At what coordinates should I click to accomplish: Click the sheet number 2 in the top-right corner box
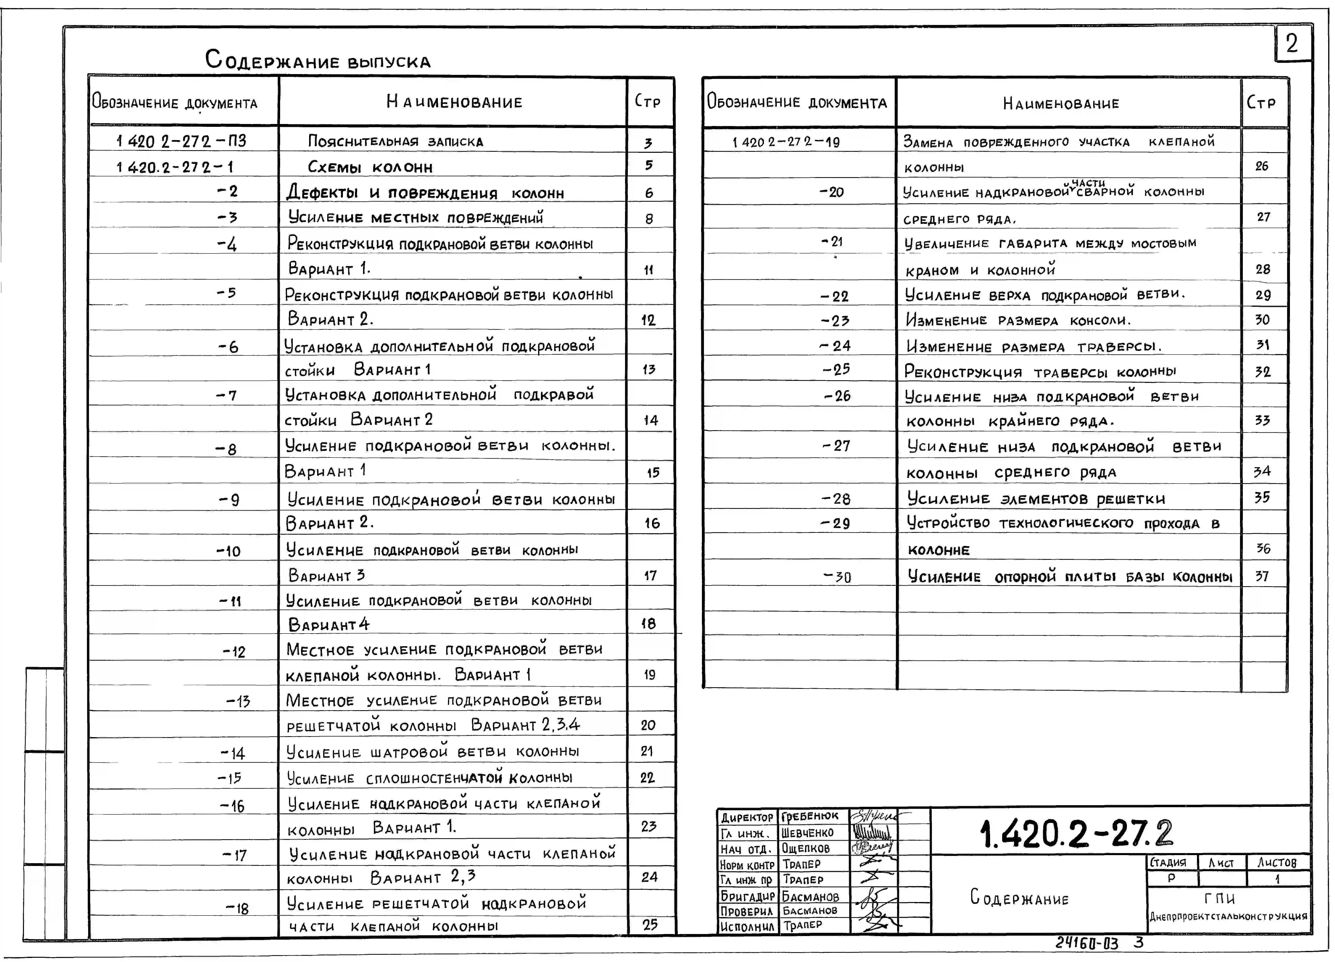click(1292, 43)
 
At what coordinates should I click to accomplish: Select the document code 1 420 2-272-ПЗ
click(181, 141)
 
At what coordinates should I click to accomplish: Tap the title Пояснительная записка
click(396, 141)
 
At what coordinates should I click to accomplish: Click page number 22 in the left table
click(648, 778)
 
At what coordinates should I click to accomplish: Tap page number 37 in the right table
click(1261, 576)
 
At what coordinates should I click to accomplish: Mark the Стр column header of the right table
click(1261, 103)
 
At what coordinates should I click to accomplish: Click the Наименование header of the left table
click(454, 102)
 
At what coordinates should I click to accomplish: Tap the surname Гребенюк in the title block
click(810, 816)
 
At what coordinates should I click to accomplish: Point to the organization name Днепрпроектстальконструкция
click(1229, 916)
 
